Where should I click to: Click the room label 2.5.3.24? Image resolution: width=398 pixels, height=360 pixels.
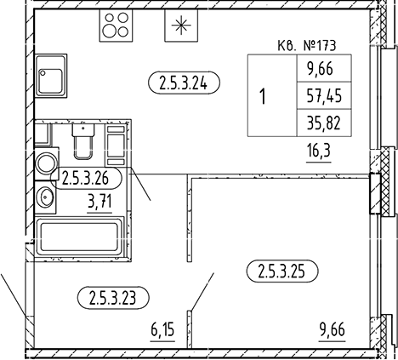coord(184,83)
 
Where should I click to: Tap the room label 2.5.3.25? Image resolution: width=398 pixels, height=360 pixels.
coord(282,272)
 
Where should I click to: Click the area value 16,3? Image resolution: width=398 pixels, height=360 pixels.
coord(320,151)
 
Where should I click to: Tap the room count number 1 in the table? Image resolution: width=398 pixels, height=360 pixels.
coord(264,96)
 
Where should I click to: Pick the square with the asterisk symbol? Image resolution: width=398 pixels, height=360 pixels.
coord(179,26)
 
